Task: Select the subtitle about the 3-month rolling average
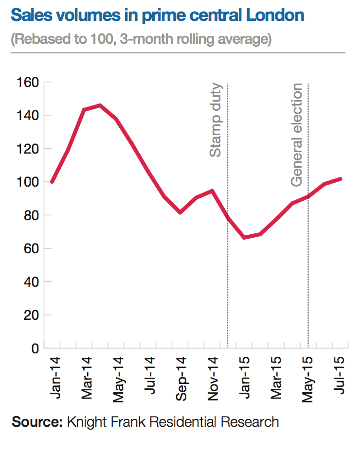point(141,39)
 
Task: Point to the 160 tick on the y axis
point(28,83)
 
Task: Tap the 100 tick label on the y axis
point(28,182)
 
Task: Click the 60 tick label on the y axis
point(31,249)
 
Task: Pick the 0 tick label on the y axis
point(35,348)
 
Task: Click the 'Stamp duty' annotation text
point(216,120)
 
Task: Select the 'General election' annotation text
point(297,135)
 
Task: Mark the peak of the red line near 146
point(100,105)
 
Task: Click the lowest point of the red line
point(244,237)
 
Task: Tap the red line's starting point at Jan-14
point(52,182)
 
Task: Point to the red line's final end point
point(341,179)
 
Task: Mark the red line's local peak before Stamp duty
point(212,191)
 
